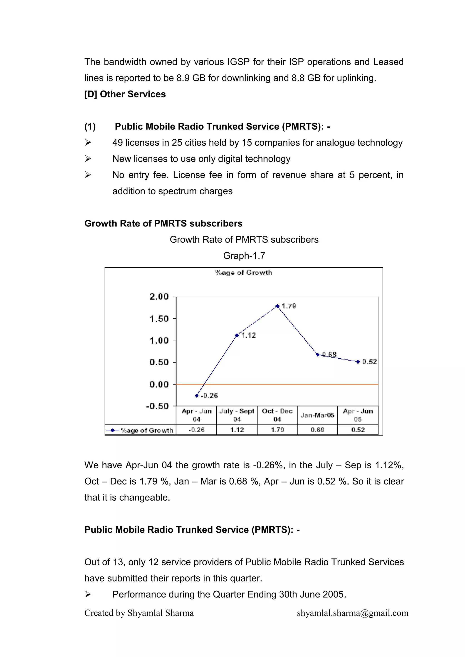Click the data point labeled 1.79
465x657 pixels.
(277, 306)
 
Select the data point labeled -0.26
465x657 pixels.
(197, 396)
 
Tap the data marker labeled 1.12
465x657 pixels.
(237, 335)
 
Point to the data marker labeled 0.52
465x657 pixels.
(358, 362)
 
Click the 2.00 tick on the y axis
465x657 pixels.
(159, 297)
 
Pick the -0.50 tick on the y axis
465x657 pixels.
(158, 406)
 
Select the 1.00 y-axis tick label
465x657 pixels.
(159, 340)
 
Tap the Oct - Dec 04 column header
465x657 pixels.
(277, 415)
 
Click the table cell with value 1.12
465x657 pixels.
(237, 430)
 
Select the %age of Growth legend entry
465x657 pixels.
(140, 430)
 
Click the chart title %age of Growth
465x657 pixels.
(244, 273)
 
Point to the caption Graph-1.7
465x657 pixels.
(244, 256)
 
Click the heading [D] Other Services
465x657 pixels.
(125, 94)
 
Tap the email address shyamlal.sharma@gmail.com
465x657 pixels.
(352, 613)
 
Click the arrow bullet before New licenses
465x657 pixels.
(88, 159)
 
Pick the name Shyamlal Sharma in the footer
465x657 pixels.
(160, 613)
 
